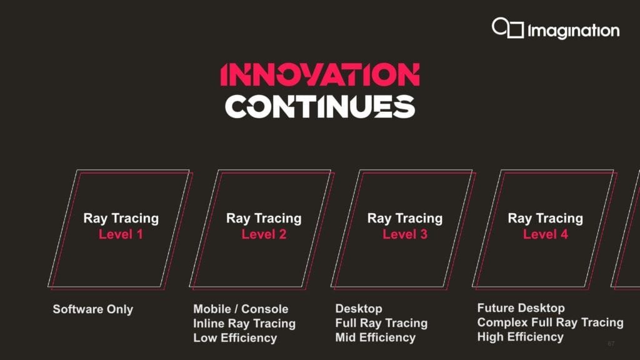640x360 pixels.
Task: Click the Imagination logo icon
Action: (507, 28)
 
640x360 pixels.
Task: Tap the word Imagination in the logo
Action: (573, 31)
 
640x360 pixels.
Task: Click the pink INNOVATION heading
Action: (319, 75)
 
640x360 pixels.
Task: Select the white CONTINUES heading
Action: (319, 107)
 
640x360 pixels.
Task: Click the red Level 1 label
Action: (121, 234)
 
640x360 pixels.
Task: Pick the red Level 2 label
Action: (264, 234)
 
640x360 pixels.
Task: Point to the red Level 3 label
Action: (405, 234)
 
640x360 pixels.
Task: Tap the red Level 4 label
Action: (546, 234)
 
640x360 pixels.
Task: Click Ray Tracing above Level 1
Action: (121, 218)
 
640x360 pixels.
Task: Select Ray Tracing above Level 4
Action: (546, 218)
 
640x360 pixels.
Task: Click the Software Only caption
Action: (93, 309)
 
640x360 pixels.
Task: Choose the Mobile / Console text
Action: (241, 309)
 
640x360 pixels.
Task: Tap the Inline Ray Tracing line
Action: (244, 323)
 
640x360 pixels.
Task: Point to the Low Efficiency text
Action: (235, 338)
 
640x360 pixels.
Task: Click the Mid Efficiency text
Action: (375, 337)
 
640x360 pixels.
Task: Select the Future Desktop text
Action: (521, 308)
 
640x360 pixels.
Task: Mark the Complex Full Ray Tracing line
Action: (550, 322)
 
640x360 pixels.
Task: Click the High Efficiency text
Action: (520, 337)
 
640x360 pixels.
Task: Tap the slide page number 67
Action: (611, 344)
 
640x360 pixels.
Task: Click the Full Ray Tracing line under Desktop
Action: (381, 323)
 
